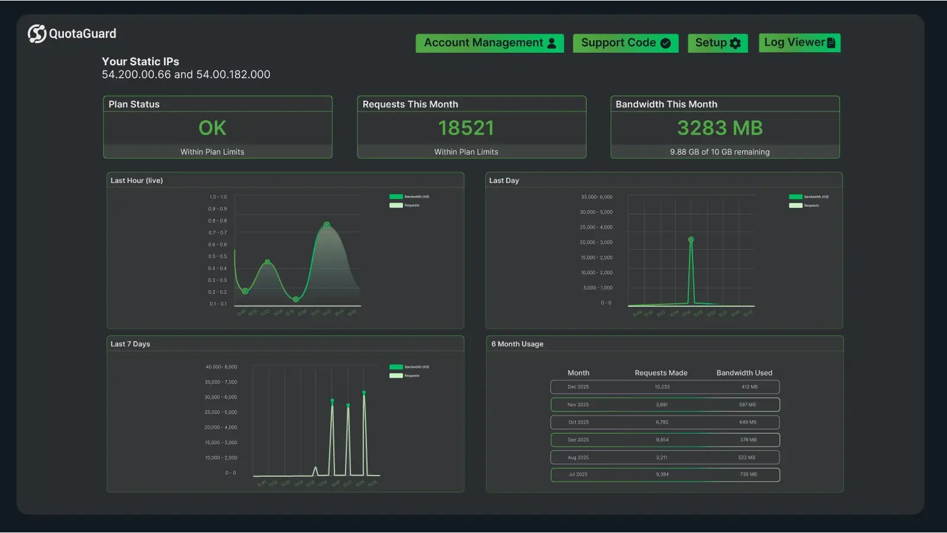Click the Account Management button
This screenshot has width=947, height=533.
point(489,43)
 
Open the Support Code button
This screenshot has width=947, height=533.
point(625,43)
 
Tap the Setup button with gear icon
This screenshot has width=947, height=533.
point(717,43)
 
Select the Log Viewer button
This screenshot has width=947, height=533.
point(799,43)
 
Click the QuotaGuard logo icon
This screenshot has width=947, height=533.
point(37,34)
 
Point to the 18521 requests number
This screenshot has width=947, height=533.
point(466,128)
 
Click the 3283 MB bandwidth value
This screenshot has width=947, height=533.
point(720,128)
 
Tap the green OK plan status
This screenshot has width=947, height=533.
point(212,128)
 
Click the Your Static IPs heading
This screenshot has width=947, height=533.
point(140,62)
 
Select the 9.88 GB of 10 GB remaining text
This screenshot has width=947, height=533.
point(720,152)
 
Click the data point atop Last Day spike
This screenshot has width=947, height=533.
point(691,240)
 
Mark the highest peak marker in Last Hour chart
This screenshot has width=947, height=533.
point(327,224)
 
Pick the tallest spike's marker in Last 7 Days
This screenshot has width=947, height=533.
point(364,393)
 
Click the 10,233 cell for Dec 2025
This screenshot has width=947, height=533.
point(662,387)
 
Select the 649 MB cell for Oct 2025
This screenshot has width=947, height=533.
point(748,422)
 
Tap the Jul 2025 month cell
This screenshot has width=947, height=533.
point(578,474)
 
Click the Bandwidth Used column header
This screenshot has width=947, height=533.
point(744,373)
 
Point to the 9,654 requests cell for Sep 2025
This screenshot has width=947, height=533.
point(662,440)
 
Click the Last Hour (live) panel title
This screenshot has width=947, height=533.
point(137,181)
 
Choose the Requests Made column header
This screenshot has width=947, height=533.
point(661,373)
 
